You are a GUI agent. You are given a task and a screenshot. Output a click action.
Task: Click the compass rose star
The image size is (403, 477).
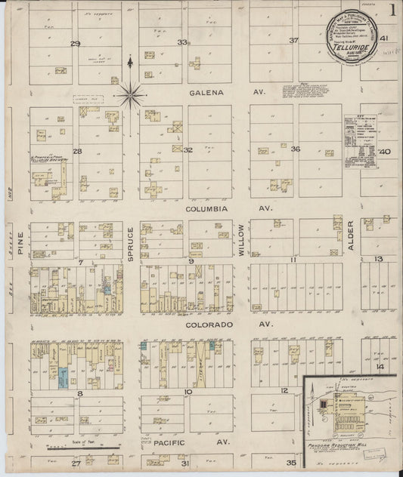click(x=131, y=94)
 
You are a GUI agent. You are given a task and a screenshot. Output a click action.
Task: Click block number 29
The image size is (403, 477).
click(x=75, y=43)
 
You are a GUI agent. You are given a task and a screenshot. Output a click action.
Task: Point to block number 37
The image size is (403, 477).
click(x=293, y=40)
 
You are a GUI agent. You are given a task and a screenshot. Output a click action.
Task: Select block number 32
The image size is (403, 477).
click(x=188, y=149)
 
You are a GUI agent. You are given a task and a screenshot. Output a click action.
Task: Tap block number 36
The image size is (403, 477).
click(x=296, y=149)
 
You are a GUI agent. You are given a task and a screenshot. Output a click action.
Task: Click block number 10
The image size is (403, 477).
click(x=188, y=392)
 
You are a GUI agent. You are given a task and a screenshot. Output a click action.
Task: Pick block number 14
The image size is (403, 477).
click(x=380, y=367)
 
